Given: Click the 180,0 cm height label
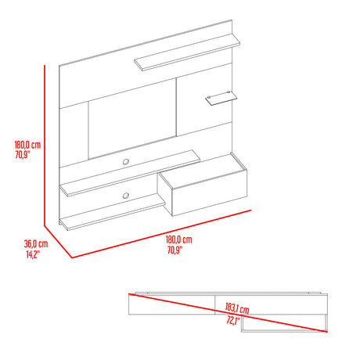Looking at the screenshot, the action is pos(27,145).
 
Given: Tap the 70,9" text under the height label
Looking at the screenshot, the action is pos(23,155).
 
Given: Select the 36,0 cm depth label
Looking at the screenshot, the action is pos(36,244).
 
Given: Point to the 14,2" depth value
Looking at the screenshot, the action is pos(33,254).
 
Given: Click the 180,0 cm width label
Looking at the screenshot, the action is pos(179,239).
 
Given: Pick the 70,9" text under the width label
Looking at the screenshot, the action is pos(175,250).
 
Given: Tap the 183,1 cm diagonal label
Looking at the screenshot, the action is pos(237,308).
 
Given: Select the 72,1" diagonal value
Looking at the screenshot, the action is pos(233,321).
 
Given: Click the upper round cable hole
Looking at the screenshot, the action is pos(126,162).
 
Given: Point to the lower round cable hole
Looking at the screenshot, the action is pos(126,196).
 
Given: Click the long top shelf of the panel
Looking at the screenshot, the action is pos(187,52).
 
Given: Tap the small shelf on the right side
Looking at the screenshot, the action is pos(221,98).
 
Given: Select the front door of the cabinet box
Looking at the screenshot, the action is pos(209,193).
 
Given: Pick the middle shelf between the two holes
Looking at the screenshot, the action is pos(130,173).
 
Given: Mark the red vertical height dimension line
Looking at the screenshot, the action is pos(45,146).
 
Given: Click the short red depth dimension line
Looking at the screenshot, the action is pos(58,242).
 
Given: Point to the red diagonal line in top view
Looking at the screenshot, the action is pos(228,313).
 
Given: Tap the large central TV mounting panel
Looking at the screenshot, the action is pos(132,119).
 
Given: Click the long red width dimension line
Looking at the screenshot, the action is pos(161,234).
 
